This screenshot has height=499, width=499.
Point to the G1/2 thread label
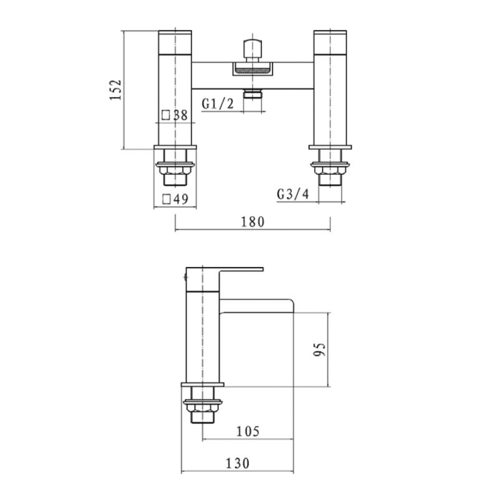(x=218, y=104)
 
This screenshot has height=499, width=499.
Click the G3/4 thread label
(x=293, y=195)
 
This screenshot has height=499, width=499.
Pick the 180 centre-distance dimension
(x=253, y=222)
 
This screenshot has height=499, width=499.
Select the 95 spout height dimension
(x=317, y=349)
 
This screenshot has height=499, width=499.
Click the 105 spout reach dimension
(x=248, y=431)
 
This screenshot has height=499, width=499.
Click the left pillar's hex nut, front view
(x=175, y=168)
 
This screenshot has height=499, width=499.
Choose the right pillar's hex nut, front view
(x=331, y=168)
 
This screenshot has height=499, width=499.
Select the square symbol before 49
(x=167, y=199)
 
